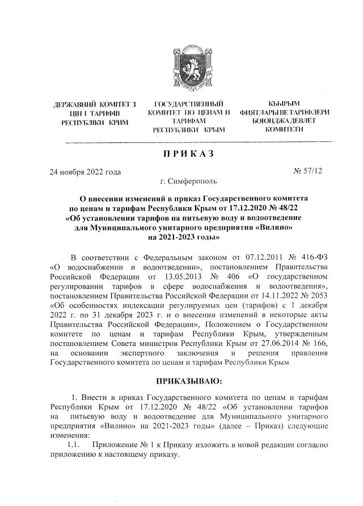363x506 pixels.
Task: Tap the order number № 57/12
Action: tap(307, 170)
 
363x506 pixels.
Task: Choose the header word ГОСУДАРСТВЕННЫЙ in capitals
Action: tap(188, 104)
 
